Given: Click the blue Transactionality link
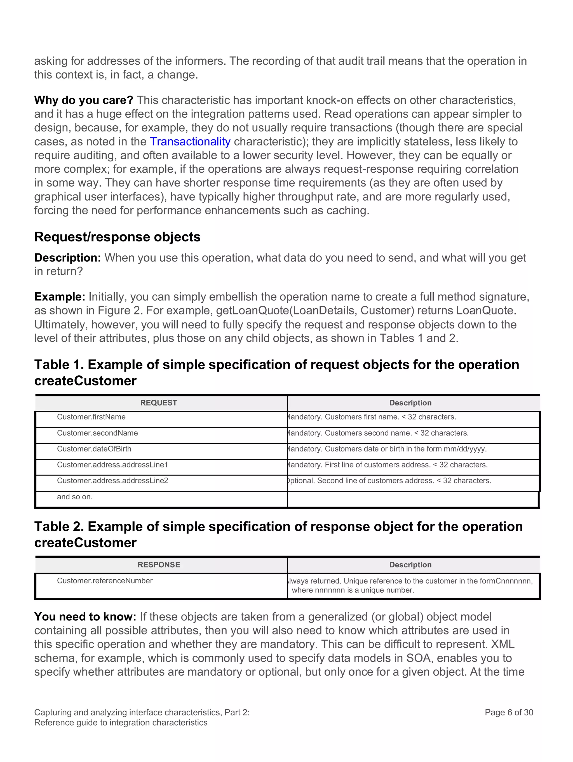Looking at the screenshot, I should coord(190,142).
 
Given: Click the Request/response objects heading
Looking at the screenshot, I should coord(117,237).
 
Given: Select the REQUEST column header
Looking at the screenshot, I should coord(158,403).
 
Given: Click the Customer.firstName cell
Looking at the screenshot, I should coord(91,417).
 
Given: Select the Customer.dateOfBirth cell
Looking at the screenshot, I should coord(94,449).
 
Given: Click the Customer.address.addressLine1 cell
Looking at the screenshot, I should coord(112,465).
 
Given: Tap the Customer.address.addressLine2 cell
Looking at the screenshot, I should coord(112,481).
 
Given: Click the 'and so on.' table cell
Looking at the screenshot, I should coord(75,497).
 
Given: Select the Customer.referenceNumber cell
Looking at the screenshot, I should coord(105,581).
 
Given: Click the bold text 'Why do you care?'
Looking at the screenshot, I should coord(83,100).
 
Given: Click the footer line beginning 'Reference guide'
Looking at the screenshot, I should coord(121,722).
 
